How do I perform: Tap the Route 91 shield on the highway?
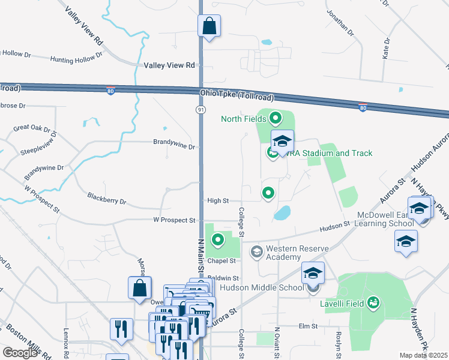point(200,109)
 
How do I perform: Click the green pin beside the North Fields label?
point(276,118)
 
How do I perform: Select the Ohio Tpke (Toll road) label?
point(237,95)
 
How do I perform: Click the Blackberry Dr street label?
point(107,198)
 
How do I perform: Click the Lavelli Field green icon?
point(373,302)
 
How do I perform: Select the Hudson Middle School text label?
point(262,287)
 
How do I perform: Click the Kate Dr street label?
point(386,49)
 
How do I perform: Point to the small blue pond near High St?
point(282,212)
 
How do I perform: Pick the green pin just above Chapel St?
point(217,240)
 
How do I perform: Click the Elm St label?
point(307,326)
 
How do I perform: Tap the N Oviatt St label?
point(277,342)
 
